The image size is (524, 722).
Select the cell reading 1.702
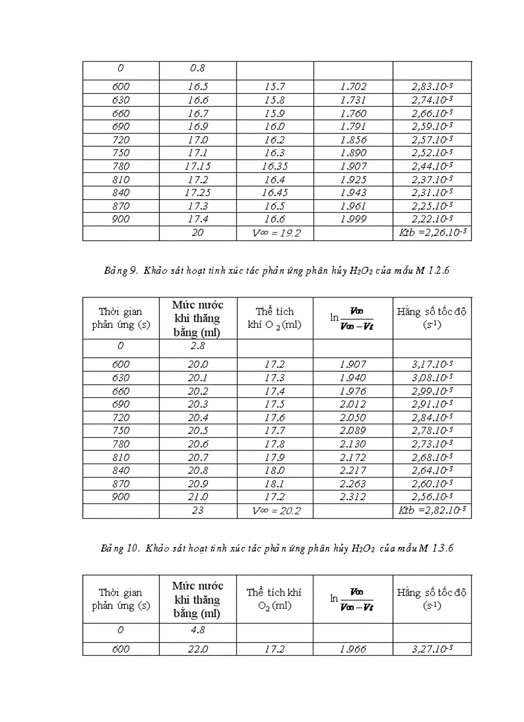click(353, 86)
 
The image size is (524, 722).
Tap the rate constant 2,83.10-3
click(432, 86)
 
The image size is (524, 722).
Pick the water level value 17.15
click(198, 166)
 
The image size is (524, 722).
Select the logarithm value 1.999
click(353, 219)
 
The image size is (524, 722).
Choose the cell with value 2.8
click(198, 346)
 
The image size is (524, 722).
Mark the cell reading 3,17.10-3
click(432, 365)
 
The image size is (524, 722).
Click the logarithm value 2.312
click(353, 497)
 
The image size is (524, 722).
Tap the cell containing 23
click(198, 511)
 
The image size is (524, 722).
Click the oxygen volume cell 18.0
click(275, 471)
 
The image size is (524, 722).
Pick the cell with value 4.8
click(198, 630)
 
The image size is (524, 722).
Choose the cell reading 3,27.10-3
click(432, 649)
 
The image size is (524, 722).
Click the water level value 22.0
click(198, 649)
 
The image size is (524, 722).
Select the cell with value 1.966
click(353, 649)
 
